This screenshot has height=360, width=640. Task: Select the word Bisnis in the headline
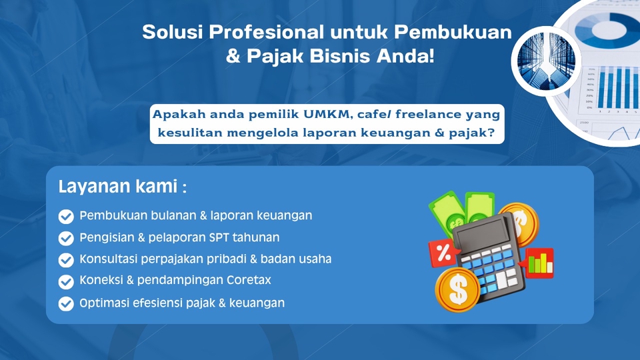(x=341, y=56)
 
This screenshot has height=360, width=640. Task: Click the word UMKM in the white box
(x=328, y=114)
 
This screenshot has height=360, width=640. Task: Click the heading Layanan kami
(x=123, y=187)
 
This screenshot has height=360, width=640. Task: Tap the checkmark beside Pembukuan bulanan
(x=66, y=216)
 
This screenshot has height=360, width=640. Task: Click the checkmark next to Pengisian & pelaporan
(x=66, y=238)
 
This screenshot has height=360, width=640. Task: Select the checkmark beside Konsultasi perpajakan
(x=66, y=260)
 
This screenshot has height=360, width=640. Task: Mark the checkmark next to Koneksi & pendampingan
(x=66, y=281)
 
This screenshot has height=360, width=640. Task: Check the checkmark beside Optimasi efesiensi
(x=66, y=304)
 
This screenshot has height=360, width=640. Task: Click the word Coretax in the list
(x=249, y=280)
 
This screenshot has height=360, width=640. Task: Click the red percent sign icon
(x=443, y=253)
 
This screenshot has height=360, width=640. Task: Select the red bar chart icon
(x=539, y=263)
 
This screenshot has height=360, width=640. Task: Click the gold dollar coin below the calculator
(x=457, y=289)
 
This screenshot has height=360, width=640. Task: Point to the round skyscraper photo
(x=546, y=61)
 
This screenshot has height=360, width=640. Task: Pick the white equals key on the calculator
(x=501, y=279)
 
